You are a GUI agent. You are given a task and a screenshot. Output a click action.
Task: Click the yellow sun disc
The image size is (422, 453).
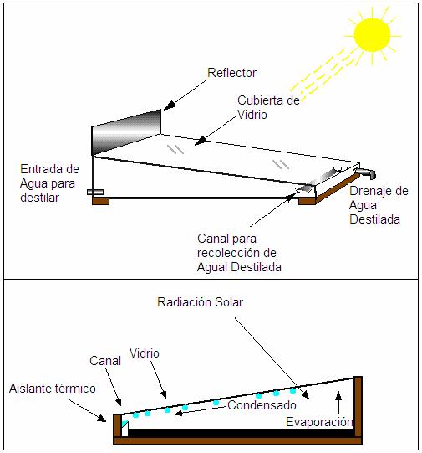[372, 35]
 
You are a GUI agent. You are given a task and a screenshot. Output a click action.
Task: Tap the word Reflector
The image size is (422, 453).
[231, 73]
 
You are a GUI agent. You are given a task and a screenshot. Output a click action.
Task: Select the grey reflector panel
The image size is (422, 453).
[126, 132]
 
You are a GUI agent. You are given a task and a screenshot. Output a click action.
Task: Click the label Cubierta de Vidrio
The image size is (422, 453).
[268, 107]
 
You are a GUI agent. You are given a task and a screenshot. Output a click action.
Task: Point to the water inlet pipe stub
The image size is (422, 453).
[95, 192]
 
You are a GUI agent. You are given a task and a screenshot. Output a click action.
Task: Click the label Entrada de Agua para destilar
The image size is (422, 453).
[49, 183]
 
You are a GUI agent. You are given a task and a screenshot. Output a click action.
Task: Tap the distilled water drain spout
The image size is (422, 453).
[365, 172]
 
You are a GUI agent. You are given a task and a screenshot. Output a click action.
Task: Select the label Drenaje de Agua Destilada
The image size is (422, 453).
[379, 205]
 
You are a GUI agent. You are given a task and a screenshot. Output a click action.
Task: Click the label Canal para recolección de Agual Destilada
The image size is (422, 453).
[239, 253]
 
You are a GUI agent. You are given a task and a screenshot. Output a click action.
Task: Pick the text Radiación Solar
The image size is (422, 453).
[200, 302]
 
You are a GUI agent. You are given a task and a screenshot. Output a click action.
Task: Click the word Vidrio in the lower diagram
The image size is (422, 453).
[145, 353]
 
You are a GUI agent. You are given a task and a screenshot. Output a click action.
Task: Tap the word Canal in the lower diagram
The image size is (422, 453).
[105, 361]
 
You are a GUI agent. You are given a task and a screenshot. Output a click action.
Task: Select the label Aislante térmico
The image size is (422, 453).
[53, 389]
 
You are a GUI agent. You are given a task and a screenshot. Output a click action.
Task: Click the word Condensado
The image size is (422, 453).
[262, 405]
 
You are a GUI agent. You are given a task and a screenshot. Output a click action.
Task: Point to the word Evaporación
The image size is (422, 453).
[319, 422]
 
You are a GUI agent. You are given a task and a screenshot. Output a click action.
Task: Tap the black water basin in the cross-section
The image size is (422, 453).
[241, 433]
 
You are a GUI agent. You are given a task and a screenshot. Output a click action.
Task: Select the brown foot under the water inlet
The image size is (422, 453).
[100, 201]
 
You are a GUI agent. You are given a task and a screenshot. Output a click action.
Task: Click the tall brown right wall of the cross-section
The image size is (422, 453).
[358, 407]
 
